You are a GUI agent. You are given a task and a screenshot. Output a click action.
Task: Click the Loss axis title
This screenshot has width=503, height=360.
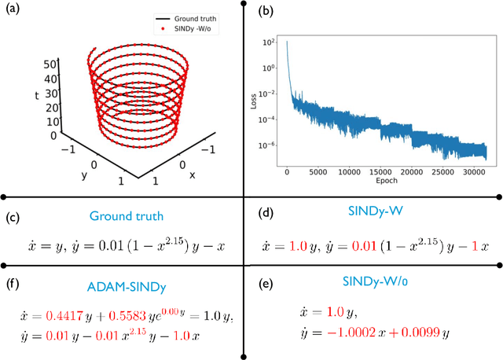click(260, 101)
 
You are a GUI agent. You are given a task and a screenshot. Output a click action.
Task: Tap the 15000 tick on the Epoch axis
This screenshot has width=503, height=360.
click(381, 172)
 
